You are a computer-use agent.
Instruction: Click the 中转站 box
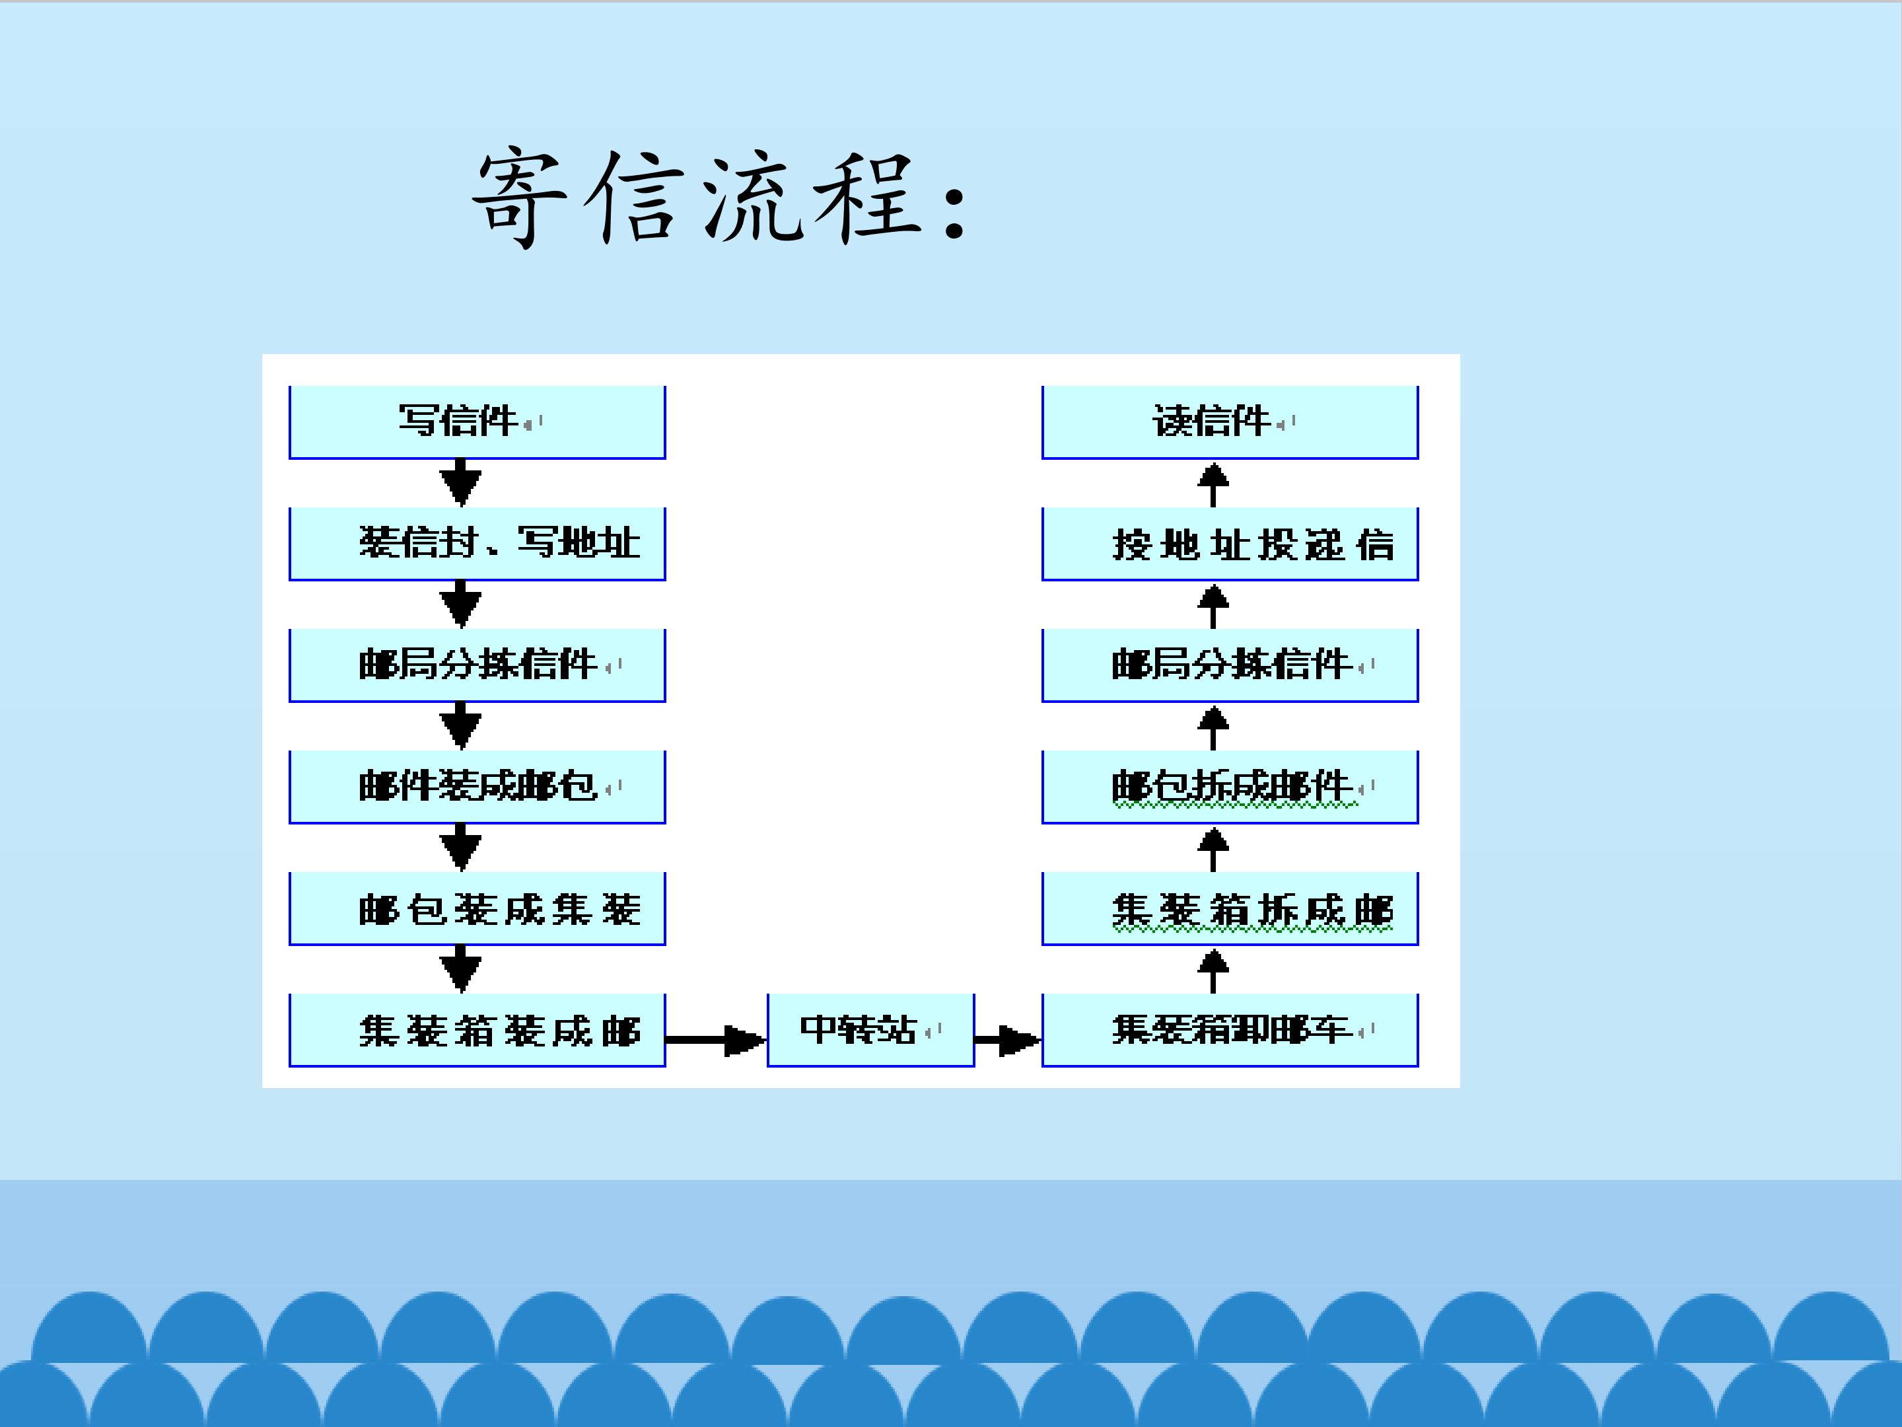(870, 1029)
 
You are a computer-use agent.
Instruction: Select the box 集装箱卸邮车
(1230, 1029)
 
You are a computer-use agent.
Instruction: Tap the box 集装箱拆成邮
(1230, 908)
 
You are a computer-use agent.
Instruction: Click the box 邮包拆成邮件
(1230, 786)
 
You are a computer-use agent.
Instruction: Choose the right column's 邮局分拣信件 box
(1230, 665)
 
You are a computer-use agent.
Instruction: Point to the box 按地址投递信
(1230, 544)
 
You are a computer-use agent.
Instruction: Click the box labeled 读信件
(1230, 421)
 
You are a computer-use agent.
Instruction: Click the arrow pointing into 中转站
(715, 1040)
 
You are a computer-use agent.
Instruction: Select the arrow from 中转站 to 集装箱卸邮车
(1008, 1040)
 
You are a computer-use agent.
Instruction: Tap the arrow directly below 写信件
(461, 482)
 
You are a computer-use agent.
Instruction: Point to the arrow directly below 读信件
(1213, 484)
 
